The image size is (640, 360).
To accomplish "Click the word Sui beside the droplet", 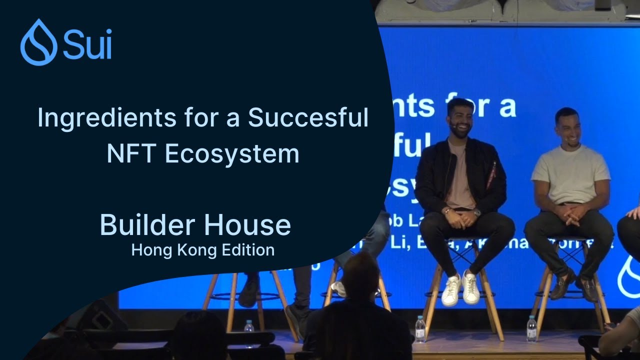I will tap(87, 44).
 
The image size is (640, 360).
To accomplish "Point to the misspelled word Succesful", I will tap(308, 118).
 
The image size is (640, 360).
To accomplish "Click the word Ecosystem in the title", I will tap(232, 153).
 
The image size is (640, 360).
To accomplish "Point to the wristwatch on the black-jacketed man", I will tap(477, 212).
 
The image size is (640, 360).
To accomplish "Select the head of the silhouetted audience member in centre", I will tap(360, 275).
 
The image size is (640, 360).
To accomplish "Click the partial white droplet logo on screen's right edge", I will tap(629, 277).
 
